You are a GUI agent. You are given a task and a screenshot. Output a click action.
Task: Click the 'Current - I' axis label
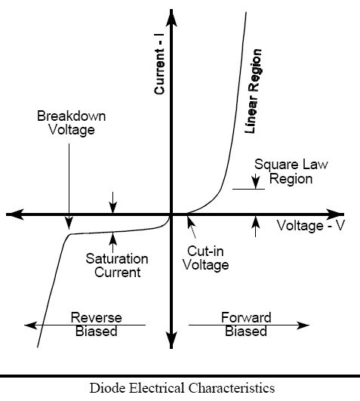(x=159, y=71)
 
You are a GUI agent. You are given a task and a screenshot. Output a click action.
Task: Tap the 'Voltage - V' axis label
(x=311, y=226)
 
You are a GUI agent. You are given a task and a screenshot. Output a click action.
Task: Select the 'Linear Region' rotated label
(x=253, y=91)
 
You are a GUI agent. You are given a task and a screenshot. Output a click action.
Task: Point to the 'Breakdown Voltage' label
(x=71, y=123)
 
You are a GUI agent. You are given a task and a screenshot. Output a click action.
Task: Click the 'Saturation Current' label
(x=117, y=265)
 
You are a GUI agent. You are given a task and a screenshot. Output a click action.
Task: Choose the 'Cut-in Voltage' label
(x=205, y=258)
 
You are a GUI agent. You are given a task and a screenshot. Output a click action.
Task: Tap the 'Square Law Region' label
(x=291, y=171)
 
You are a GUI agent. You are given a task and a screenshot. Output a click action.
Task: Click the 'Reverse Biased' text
(x=97, y=324)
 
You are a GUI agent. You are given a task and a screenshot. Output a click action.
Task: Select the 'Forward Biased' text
(x=246, y=324)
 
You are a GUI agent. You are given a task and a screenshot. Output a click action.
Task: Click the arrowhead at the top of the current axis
(x=171, y=17)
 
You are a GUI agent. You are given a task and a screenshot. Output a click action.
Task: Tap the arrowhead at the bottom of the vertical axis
(x=171, y=340)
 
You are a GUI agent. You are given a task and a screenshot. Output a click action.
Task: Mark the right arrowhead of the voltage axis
(x=334, y=214)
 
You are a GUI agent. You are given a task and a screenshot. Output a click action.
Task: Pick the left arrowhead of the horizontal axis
(x=15, y=214)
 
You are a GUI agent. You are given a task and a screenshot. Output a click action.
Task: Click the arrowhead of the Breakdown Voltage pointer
(x=69, y=224)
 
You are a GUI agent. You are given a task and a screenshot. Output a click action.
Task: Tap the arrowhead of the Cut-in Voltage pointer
(x=191, y=222)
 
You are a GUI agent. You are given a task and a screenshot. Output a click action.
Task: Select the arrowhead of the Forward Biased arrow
(x=303, y=325)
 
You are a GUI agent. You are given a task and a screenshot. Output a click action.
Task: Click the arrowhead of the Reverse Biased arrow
(x=31, y=325)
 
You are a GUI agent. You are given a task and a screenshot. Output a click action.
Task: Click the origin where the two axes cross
(x=171, y=214)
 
